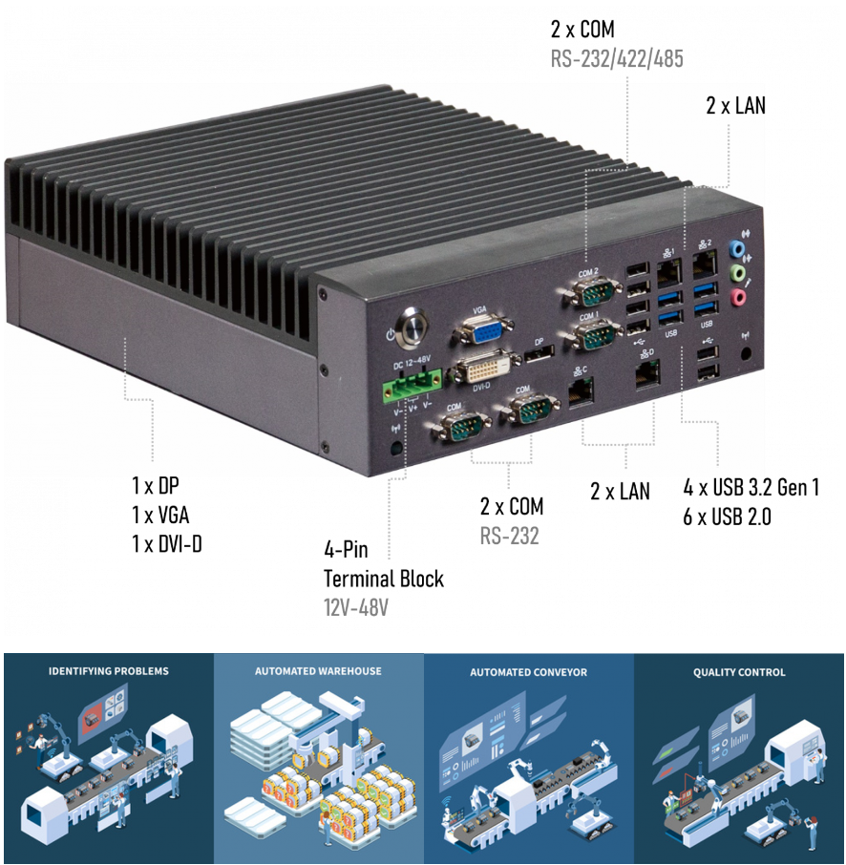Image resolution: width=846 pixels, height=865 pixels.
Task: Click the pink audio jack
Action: (x=736, y=298)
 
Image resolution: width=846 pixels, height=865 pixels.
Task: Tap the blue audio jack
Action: (x=735, y=248)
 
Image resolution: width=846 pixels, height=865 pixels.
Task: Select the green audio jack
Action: (x=735, y=273)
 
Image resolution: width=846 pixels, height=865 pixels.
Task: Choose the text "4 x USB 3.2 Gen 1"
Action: (x=751, y=488)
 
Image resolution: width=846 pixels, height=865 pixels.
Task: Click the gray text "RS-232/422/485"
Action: (x=617, y=59)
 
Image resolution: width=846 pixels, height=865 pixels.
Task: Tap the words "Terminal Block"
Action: (x=383, y=579)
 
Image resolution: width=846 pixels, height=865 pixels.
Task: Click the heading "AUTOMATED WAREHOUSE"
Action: (x=318, y=671)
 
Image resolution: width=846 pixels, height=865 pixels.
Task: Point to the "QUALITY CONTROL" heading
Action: (x=739, y=672)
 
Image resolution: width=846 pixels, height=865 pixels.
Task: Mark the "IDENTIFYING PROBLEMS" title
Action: (x=108, y=671)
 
